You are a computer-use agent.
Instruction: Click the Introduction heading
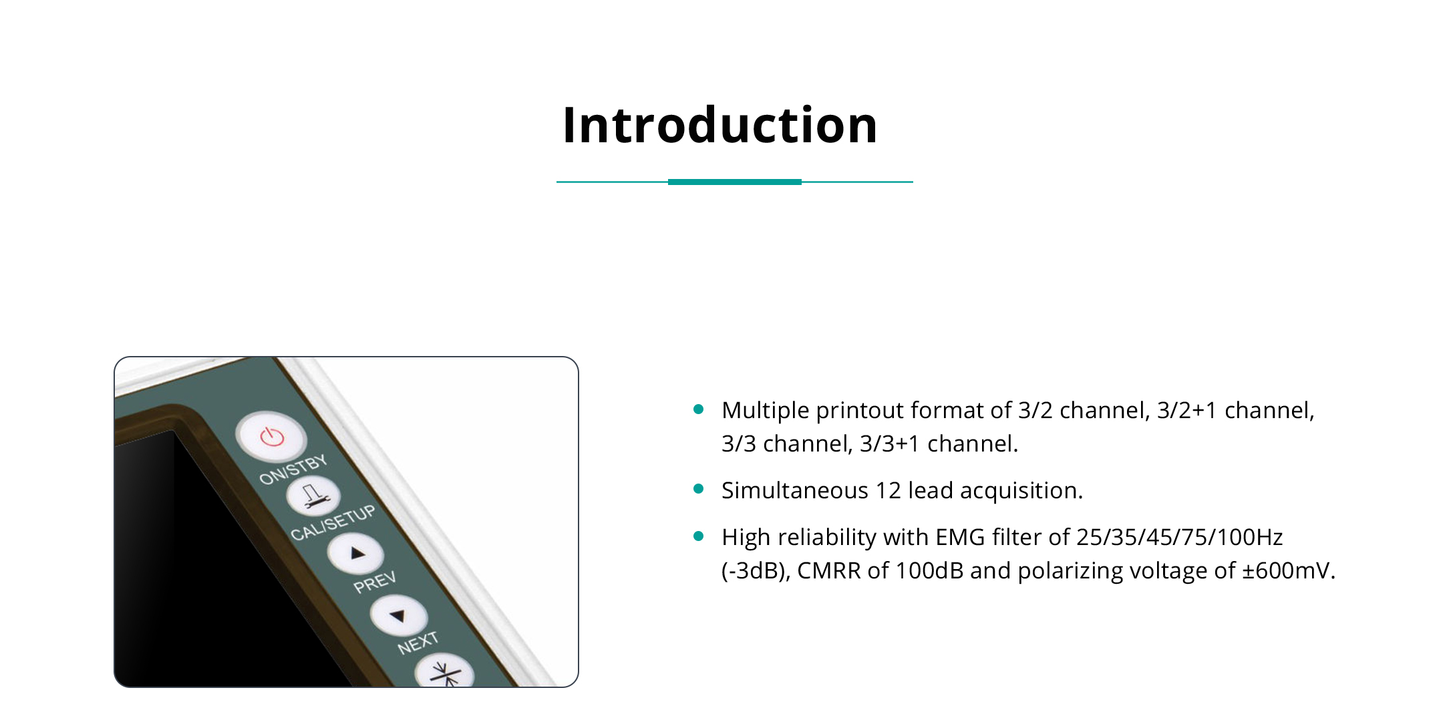pyautogui.click(x=720, y=125)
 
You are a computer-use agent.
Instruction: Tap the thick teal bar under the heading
pyautogui.click(x=735, y=182)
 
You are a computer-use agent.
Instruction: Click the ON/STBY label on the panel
pyautogui.click(x=293, y=470)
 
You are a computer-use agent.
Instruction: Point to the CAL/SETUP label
pyautogui.click(x=333, y=523)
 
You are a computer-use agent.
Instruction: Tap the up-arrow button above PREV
pyautogui.click(x=355, y=554)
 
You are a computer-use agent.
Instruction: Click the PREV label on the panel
pyautogui.click(x=375, y=582)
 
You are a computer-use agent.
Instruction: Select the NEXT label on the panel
pyautogui.click(x=418, y=643)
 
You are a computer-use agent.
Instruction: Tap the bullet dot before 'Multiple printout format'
pyautogui.click(x=699, y=409)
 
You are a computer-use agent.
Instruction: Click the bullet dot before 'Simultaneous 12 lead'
pyautogui.click(x=699, y=490)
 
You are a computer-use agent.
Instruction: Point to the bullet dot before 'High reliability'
pyautogui.click(x=699, y=536)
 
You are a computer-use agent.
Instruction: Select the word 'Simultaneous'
pyautogui.click(x=795, y=490)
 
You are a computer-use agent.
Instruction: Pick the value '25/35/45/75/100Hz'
pyautogui.click(x=1180, y=537)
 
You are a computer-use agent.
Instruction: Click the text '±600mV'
pyautogui.click(x=1289, y=570)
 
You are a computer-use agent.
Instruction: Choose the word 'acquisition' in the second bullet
pyautogui.click(x=1021, y=491)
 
